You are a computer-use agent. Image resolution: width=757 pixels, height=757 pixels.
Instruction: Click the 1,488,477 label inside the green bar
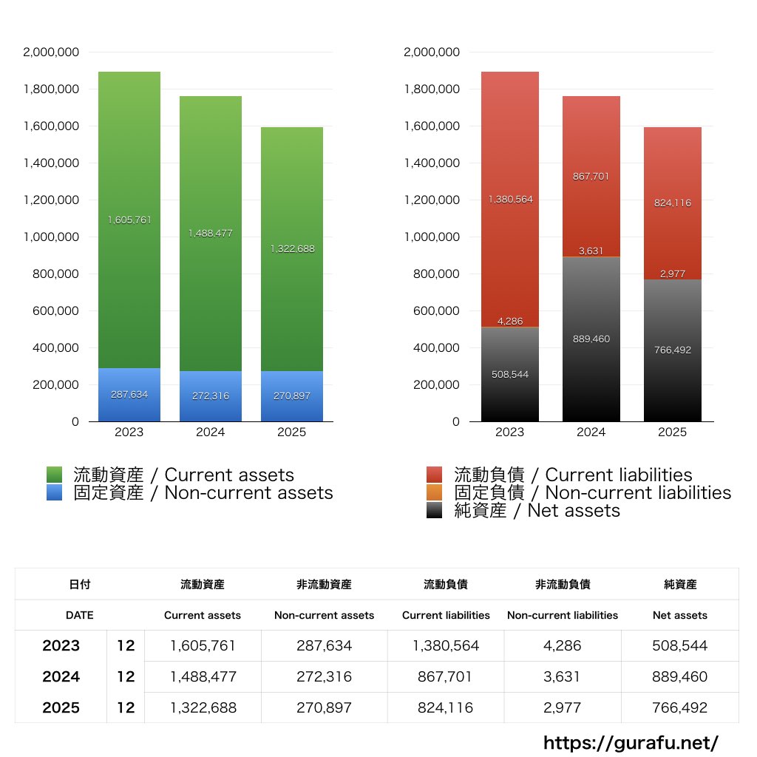(210, 233)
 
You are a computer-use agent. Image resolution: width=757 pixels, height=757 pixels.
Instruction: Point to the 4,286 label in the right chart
(510, 322)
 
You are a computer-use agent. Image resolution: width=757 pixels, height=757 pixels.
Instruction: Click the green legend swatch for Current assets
(54, 475)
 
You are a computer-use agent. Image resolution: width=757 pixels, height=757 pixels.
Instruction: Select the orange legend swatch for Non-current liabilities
(435, 492)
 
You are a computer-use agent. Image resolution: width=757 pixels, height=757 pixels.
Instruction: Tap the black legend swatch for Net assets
(435, 510)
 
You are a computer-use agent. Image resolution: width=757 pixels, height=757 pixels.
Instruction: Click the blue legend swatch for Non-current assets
(54, 492)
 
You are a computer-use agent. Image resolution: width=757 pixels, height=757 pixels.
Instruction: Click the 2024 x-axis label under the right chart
(591, 432)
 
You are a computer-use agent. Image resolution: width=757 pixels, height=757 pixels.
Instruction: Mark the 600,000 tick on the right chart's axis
(432, 311)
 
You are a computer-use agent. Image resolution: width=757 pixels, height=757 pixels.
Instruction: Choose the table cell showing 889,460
(680, 676)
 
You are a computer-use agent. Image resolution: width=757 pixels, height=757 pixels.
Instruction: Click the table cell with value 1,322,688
(203, 707)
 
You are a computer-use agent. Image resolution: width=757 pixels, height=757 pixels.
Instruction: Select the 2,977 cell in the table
(563, 707)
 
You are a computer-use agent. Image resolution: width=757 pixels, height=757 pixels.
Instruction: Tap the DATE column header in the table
(79, 615)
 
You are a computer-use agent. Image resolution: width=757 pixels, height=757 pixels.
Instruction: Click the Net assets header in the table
(680, 615)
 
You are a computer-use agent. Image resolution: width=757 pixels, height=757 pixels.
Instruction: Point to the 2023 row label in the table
(61, 645)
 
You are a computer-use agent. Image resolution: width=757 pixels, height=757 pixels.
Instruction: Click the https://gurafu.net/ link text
(631, 741)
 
